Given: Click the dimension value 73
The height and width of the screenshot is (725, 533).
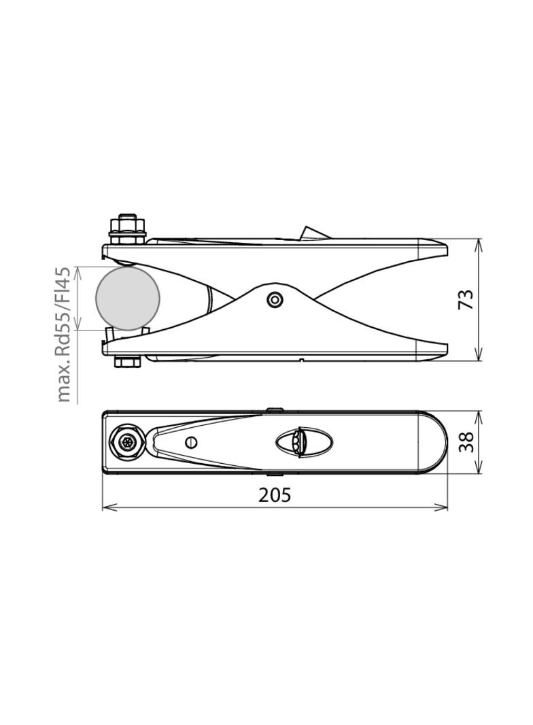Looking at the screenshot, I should (x=466, y=300).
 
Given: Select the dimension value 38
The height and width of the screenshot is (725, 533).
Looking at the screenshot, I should (x=466, y=442).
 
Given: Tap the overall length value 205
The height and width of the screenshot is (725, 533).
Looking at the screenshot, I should (x=275, y=495).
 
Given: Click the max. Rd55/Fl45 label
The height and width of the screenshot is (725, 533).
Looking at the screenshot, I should (x=63, y=334).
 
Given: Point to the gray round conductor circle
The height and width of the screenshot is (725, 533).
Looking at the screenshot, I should (x=128, y=298).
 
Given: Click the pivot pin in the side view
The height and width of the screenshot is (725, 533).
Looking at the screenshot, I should (x=275, y=299).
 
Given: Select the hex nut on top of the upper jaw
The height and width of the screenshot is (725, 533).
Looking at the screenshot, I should (x=127, y=224).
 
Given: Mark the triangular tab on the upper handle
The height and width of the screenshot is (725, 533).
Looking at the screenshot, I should (x=313, y=233).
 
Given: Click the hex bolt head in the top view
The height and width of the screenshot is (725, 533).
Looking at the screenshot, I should (x=127, y=442).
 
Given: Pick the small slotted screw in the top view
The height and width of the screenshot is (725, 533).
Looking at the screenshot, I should (x=191, y=442).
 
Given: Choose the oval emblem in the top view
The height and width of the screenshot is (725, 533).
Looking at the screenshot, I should (x=304, y=442).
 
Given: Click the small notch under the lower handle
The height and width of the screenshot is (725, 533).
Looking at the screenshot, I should (x=300, y=359).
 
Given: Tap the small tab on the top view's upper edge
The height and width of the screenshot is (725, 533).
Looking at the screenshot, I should (x=275, y=409).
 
